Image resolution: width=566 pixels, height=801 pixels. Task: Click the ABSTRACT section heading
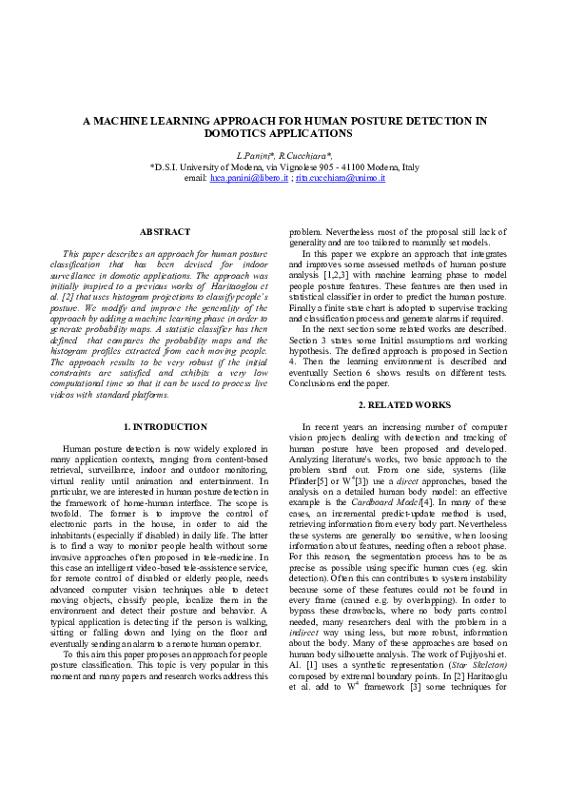(165, 232)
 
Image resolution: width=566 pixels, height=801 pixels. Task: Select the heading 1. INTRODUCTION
(166, 427)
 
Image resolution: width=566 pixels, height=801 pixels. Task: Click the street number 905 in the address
(323, 166)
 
